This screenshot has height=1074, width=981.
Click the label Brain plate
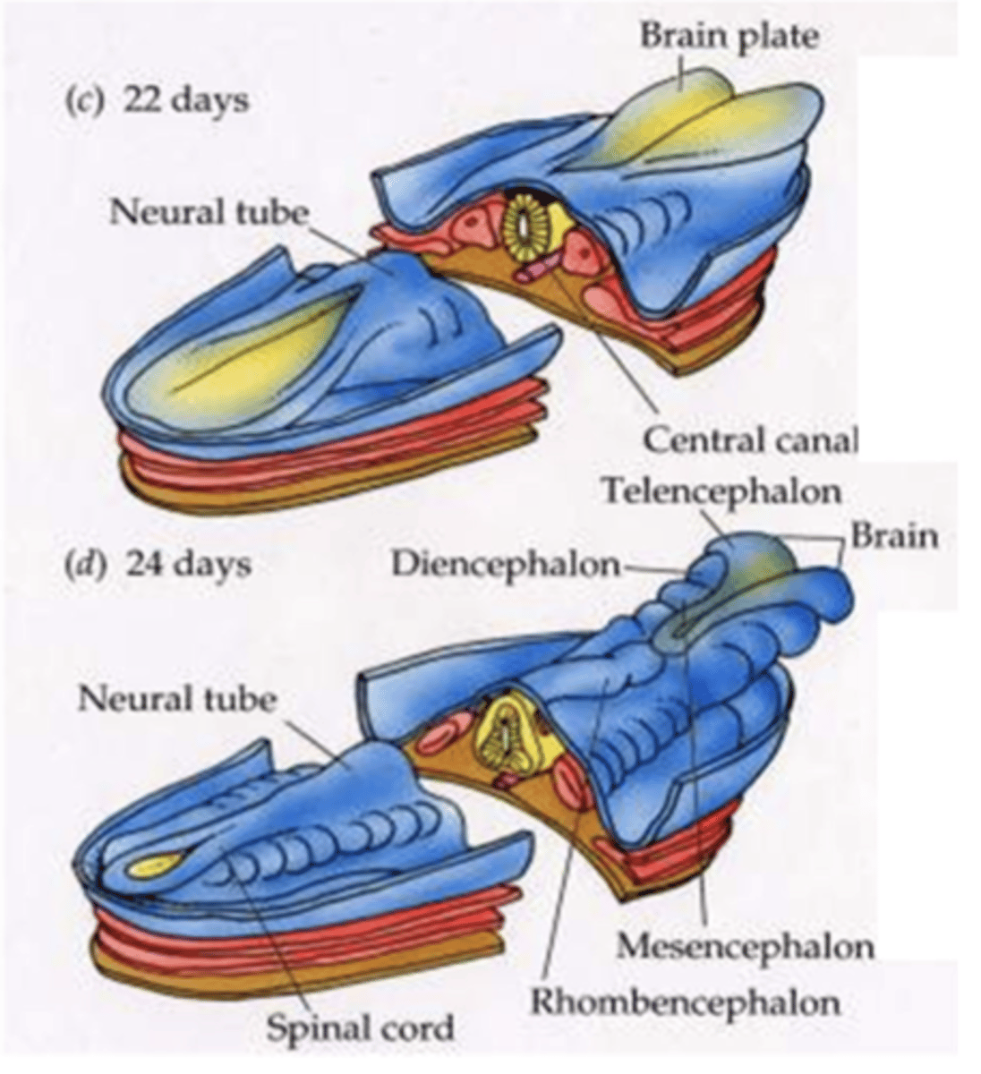[x=729, y=36]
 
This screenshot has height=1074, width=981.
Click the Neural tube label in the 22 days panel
[x=209, y=212]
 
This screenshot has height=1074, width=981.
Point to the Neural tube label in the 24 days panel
[x=177, y=697]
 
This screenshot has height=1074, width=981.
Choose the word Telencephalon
[x=721, y=490]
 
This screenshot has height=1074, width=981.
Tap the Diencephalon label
[x=505, y=564]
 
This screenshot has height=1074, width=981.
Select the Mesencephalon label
[x=745, y=946]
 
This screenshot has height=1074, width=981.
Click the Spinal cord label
[x=359, y=1028]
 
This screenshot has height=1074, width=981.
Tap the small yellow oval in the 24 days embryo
[x=153, y=865]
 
